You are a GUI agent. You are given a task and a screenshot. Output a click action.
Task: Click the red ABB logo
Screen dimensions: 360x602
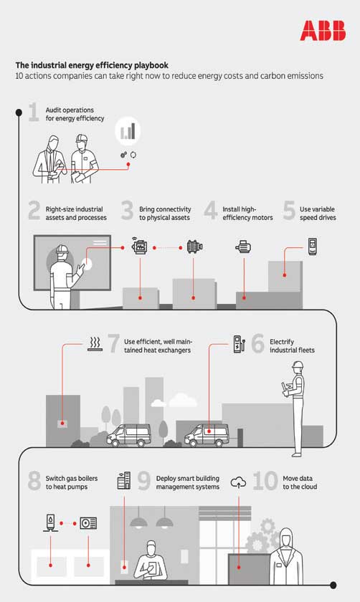[x=323, y=31]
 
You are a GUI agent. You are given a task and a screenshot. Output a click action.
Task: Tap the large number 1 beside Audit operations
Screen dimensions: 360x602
[x=34, y=112]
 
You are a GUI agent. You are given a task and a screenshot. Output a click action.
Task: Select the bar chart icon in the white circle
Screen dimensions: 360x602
[x=128, y=131]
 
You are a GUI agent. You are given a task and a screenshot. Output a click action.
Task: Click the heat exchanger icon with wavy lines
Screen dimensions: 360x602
[x=95, y=345]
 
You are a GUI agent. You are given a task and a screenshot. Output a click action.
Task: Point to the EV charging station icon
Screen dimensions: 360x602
[x=239, y=344]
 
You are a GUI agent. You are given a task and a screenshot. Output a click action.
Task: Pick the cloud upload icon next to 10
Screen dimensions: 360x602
[x=238, y=482]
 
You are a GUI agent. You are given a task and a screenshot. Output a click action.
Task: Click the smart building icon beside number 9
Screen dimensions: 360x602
[x=124, y=480]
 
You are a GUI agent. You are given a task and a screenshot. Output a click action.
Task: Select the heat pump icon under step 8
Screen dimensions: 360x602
[x=88, y=523]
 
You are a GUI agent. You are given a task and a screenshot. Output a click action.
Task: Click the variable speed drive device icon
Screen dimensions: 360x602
[x=313, y=247]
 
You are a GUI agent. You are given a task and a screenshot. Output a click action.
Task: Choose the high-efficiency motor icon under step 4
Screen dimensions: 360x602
[x=243, y=247]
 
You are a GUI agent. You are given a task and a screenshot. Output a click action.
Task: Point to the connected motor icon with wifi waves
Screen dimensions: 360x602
[x=139, y=246]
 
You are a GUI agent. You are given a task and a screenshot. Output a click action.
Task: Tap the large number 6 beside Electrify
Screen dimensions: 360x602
[x=257, y=343]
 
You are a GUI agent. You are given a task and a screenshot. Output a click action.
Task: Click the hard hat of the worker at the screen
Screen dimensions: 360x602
[x=62, y=249]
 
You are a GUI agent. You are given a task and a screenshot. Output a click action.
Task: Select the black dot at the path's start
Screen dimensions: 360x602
[x=19, y=113]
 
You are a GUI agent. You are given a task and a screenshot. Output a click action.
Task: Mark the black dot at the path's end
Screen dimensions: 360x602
[x=333, y=586]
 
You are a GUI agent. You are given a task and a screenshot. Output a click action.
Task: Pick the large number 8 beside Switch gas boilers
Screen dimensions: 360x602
[x=34, y=481]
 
